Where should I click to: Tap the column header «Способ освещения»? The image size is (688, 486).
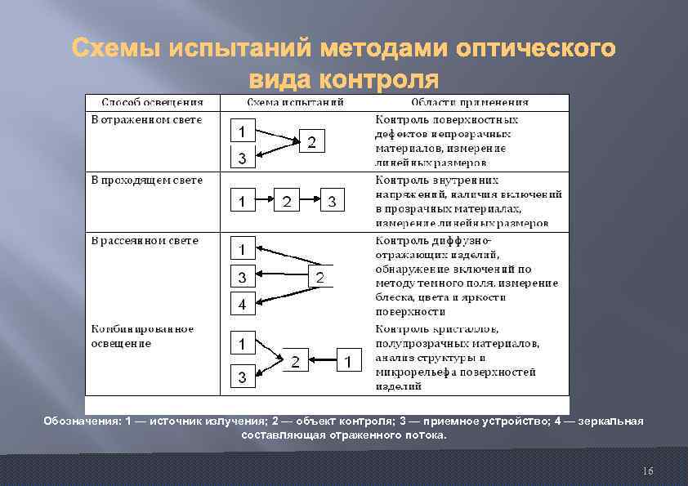tap(152, 103)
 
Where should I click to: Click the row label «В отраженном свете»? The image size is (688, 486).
tap(146, 119)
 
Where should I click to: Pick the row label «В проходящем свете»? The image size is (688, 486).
tap(146, 180)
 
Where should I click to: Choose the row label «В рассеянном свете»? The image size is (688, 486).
tap(144, 240)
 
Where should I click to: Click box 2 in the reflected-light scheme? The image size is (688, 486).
tap(311, 142)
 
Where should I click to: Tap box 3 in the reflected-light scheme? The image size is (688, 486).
tap(242, 158)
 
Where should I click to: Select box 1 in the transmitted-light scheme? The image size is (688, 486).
tap(242, 201)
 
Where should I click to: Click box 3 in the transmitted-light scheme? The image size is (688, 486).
tap(332, 201)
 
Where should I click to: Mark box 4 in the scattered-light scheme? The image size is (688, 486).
tap(242, 305)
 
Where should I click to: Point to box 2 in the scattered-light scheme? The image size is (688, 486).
tap(320, 278)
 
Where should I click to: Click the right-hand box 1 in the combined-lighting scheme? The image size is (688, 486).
tap(348, 361)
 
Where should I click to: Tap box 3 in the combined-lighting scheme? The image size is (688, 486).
tap(242, 377)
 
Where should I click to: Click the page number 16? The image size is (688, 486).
tap(648, 471)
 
